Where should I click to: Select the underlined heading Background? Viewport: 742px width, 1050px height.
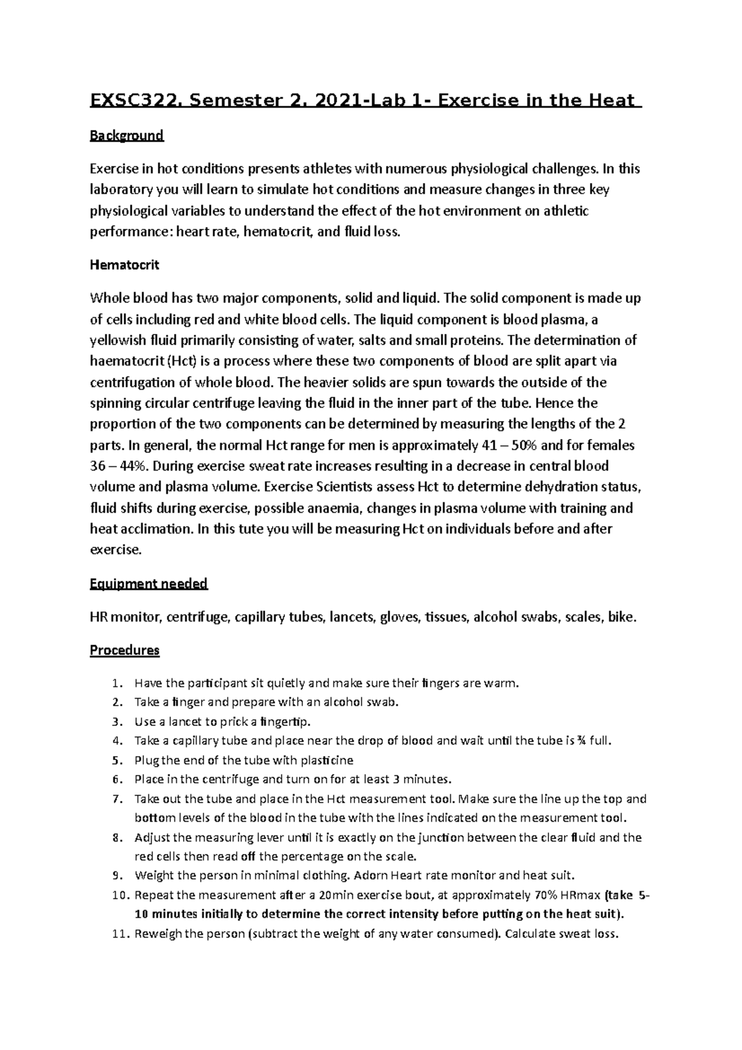point(127,135)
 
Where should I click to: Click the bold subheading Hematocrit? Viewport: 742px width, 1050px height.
point(124,265)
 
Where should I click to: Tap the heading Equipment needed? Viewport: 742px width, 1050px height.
point(148,584)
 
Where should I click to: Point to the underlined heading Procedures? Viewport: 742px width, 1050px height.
point(124,651)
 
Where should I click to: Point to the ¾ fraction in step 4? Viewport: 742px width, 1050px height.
point(581,741)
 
